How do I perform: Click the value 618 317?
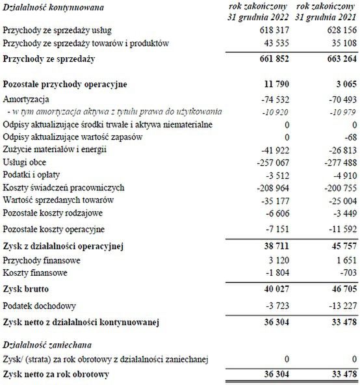tap(276, 31)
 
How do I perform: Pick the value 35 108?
tap(344, 43)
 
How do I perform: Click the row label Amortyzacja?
tap(25, 100)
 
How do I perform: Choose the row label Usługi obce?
tap(24, 163)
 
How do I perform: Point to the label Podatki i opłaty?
tap(31, 175)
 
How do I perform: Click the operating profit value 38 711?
tap(276, 246)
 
